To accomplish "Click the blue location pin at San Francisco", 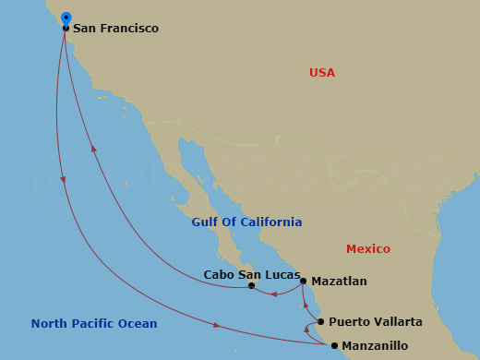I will coord(66,18).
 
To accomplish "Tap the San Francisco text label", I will coord(115,29).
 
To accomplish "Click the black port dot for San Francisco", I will coord(66,29).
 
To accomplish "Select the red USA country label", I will coord(322,73).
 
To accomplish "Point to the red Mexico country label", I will coord(367,249).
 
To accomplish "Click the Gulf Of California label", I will coord(246,222).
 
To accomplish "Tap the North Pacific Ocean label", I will coord(94,324).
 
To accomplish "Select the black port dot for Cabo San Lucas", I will coord(251,286).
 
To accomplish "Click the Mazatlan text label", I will coord(339,281).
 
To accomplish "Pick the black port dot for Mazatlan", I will coord(304,281).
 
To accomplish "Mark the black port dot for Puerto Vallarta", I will coord(320,322).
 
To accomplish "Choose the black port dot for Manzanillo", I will coord(334,346).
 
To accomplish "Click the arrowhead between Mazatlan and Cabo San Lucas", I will coord(273,295).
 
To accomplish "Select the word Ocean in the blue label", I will coord(138,324).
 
